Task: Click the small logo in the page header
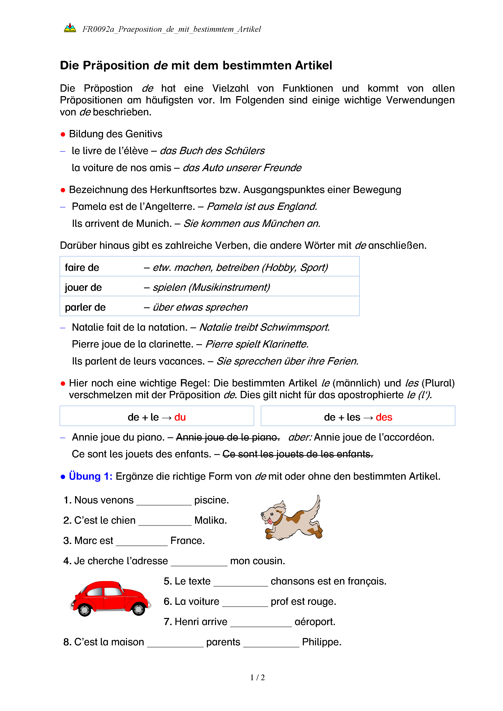click(70, 28)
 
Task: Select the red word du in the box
click(180, 417)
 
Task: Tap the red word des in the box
click(384, 417)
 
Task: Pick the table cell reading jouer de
click(83, 287)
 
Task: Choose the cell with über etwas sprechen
click(200, 307)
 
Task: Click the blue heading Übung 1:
click(90, 476)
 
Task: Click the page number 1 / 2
click(257, 678)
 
